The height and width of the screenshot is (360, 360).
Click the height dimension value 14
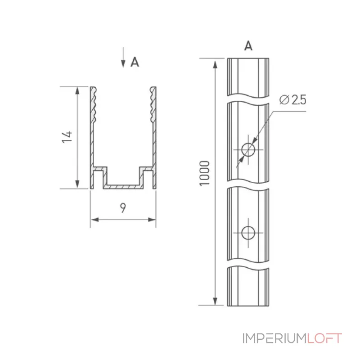point(67,137)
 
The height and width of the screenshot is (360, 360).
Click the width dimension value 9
point(123,208)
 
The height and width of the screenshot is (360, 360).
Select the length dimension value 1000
point(204,173)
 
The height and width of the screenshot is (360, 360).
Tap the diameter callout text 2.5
point(299,100)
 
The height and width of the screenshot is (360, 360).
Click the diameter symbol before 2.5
point(284,100)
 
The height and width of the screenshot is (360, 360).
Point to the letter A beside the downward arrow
point(135,62)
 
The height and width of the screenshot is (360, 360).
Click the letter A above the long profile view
point(248,46)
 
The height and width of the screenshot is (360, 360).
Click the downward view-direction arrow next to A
point(123,58)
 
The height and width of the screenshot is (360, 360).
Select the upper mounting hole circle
point(248,150)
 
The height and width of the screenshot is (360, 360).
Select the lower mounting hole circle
point(248,233)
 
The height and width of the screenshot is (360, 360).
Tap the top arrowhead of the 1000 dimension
point(215,64)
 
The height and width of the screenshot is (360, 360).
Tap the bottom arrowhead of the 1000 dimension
point(215,301)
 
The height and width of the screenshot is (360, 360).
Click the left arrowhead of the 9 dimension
point(95,220)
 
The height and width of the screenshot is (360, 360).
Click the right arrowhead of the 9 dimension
point(152,220)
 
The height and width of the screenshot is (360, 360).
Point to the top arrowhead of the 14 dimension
point(77,91)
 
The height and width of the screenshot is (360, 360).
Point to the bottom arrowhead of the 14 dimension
point(77,184)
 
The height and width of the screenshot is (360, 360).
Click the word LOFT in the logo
point(324,338)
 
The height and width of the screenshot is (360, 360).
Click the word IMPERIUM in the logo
point(274,338)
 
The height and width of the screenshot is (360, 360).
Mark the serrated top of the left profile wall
point(93,104)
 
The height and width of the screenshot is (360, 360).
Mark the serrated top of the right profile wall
point(153,104)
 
